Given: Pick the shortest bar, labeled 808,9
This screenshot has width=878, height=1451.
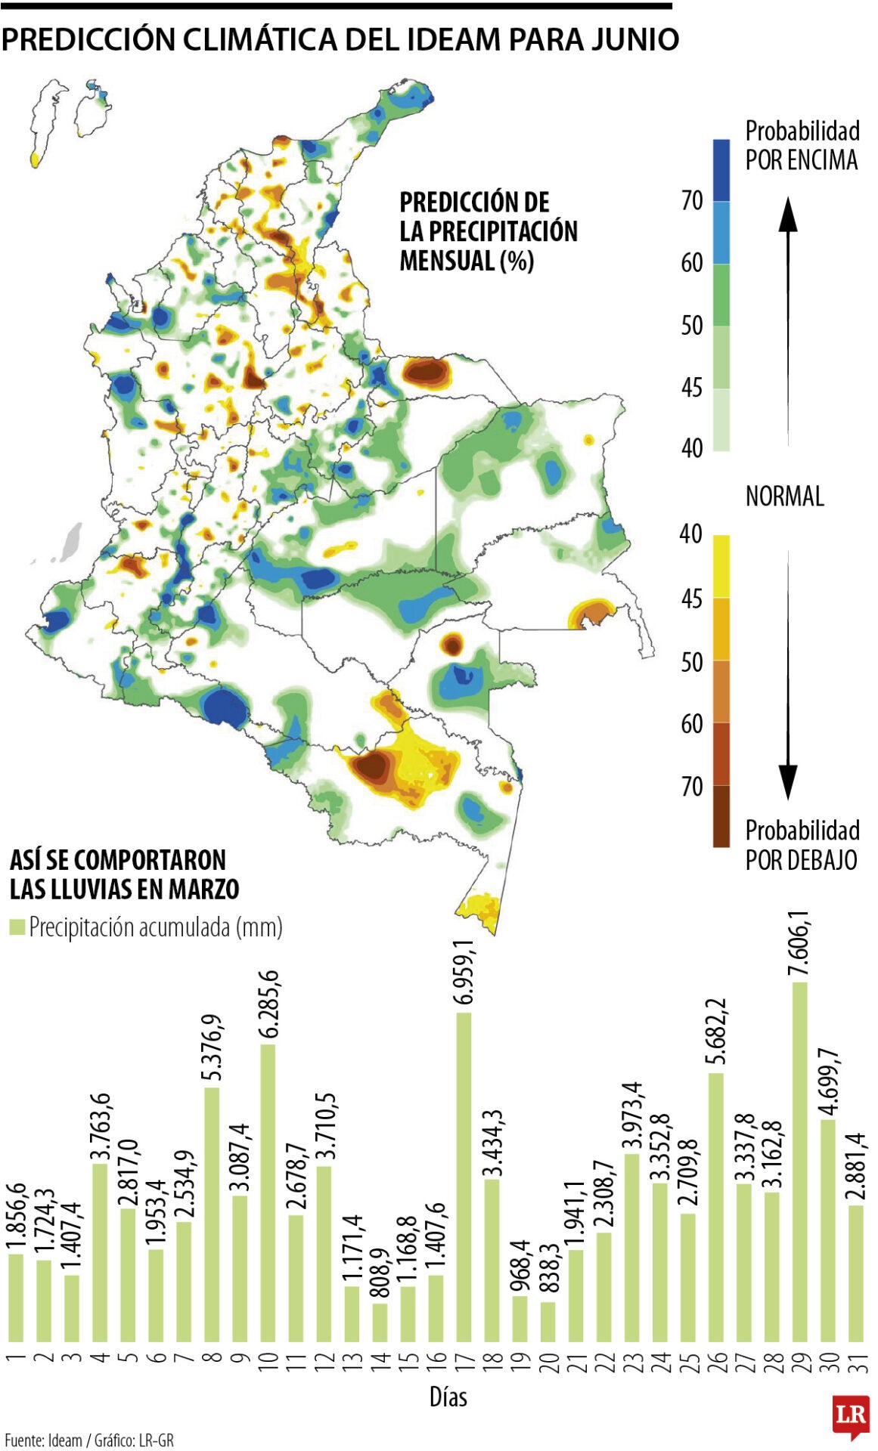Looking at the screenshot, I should (x=380, y=1323).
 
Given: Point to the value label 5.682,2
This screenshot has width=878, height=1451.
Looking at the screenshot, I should (x=716, y=1033).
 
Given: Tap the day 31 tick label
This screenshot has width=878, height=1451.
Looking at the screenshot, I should (x=856, y=1362).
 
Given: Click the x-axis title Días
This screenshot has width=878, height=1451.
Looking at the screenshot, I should (x=448, y=1397).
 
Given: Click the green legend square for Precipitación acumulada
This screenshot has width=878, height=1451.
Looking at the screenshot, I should (x=17, y=927).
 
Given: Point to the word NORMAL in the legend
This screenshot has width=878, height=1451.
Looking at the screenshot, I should (x=784, y=497).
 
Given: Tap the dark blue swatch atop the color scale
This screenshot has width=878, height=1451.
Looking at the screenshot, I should (x=721, y=170).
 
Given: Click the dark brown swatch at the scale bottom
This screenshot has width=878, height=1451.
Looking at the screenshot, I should (x=721, y=816).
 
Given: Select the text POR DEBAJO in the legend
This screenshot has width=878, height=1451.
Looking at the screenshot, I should (x=801, y=860).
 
